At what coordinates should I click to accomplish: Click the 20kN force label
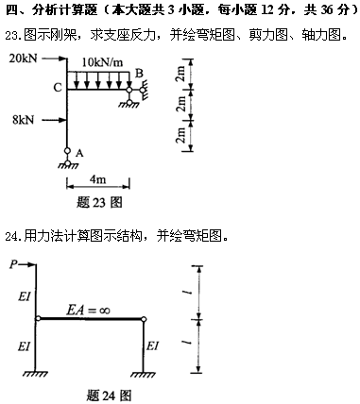23,59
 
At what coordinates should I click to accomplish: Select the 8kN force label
24,120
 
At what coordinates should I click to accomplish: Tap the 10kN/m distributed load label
102,62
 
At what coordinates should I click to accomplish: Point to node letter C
58,88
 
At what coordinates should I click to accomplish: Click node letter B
139,74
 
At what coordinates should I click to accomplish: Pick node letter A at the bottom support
79,153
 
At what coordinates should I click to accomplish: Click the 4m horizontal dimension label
97,179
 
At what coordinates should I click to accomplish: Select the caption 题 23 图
99,202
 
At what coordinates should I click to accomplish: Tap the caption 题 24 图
109,396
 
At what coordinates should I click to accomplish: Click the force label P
13,264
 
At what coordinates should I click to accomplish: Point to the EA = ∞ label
88,311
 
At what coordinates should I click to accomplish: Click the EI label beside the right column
153,346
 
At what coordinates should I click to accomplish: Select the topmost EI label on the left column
25,296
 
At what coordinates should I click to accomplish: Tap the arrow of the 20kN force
55,59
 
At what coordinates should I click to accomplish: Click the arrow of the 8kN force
55,120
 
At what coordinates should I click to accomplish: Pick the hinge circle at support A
67,151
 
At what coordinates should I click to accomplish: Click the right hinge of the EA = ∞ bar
144,319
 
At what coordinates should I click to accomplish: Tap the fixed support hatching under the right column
144,375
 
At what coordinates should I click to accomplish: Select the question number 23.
12,35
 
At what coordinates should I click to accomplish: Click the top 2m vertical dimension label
180,75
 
